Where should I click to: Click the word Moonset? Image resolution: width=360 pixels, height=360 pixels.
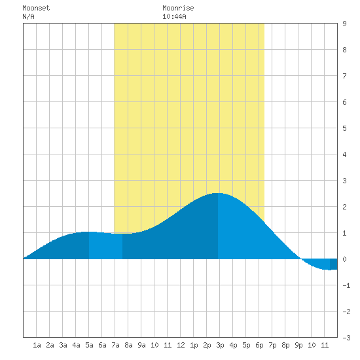36,8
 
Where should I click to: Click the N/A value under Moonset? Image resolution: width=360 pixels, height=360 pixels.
28,16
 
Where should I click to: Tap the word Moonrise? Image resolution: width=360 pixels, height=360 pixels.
178,8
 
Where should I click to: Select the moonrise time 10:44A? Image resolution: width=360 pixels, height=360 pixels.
174,16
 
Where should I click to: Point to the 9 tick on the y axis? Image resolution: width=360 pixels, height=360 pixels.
344,24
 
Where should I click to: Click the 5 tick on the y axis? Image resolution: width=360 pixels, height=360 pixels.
344,128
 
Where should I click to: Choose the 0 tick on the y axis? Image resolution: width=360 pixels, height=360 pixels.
344,259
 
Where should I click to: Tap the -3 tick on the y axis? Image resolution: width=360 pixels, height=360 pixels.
346,338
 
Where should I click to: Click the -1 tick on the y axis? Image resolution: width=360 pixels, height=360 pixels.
346,285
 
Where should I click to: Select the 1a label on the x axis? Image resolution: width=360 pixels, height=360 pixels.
37,345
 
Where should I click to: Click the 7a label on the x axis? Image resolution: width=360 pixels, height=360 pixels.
115,345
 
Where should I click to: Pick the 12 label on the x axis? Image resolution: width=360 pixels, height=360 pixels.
181,345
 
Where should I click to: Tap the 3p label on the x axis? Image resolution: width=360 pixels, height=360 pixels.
220,345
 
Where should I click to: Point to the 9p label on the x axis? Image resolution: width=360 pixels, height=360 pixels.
298,345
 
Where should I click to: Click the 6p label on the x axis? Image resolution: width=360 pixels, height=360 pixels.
259,345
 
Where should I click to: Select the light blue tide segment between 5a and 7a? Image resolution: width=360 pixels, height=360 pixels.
105,245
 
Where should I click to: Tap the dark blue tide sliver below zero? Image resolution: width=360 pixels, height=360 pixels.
334,264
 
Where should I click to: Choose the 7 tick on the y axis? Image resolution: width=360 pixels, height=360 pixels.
344,76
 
